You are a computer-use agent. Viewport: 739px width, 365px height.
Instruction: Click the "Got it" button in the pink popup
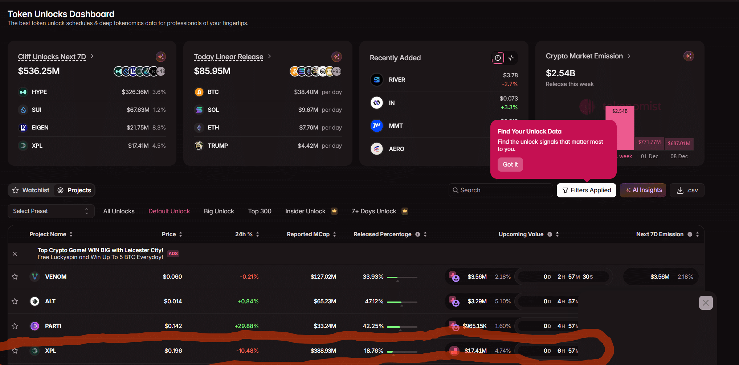510,164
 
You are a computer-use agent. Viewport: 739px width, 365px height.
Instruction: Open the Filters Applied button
586,190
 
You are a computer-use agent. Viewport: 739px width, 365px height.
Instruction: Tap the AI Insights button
643,190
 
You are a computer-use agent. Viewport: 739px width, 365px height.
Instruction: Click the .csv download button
687,190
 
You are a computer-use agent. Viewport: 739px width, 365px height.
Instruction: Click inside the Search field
501,190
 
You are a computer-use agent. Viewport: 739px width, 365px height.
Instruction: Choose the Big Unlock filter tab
219,211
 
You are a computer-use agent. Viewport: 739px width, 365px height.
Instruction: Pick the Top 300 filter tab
260,211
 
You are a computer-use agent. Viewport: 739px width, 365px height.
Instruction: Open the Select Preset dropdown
51,211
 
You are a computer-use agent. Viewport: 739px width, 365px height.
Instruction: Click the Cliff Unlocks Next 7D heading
52,57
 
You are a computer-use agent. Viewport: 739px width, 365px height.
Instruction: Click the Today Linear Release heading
228,57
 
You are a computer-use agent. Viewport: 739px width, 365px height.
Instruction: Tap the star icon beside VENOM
15,277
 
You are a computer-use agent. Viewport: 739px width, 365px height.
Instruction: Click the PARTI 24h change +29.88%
246,326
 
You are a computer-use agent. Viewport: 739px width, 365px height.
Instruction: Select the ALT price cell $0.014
173,301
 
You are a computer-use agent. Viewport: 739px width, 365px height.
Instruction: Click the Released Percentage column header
383,234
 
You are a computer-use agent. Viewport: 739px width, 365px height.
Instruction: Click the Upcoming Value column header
521,234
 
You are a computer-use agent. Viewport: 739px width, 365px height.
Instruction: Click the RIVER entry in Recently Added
397,79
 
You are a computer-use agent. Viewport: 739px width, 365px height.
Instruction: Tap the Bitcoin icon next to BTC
199,92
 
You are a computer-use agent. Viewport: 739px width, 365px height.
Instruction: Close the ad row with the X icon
15,254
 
